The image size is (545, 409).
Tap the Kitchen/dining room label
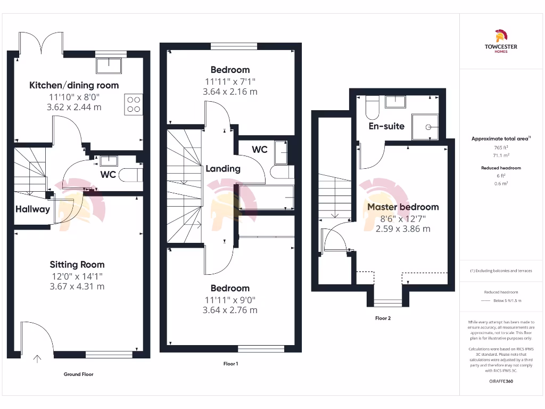pyautogui.click(x=74, y=85)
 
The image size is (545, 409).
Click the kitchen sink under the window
pyautogui.click(x=109, y=66)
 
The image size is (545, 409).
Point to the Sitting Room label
pyautogui.click(x=77, y=264)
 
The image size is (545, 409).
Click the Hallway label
pyautogui.click(x=32, y=209)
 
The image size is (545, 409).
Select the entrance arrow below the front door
pyautogui.click(x=37, y=359)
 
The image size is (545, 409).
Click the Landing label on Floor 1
pyautogui.click(x=223, y=168)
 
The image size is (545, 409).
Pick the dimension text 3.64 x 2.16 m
pyautogui.click(x=230, y=92)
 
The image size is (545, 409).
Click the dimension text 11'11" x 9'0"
pyautogui.click(x=230, y=299)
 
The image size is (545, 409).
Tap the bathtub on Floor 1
pyautogui.click(x=266, y=198)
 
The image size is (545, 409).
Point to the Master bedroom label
pyautogui.click(x=403, y=207)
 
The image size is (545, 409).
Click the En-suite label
pyautogui.click(x=387, y=126)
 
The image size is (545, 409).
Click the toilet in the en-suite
pyautogui.click(x=372, y=109)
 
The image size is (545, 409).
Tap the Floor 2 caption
pyautogui.click(x=383, y=318)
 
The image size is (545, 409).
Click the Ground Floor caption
pyautogui.click(x=78, y=374)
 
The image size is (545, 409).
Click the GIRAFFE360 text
pyautogui.click(x=500, y=381)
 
